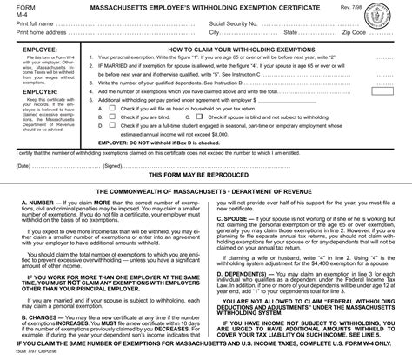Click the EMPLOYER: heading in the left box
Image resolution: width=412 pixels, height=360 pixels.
tap(27, 90)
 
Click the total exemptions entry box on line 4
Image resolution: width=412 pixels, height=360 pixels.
tap(383, 113)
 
